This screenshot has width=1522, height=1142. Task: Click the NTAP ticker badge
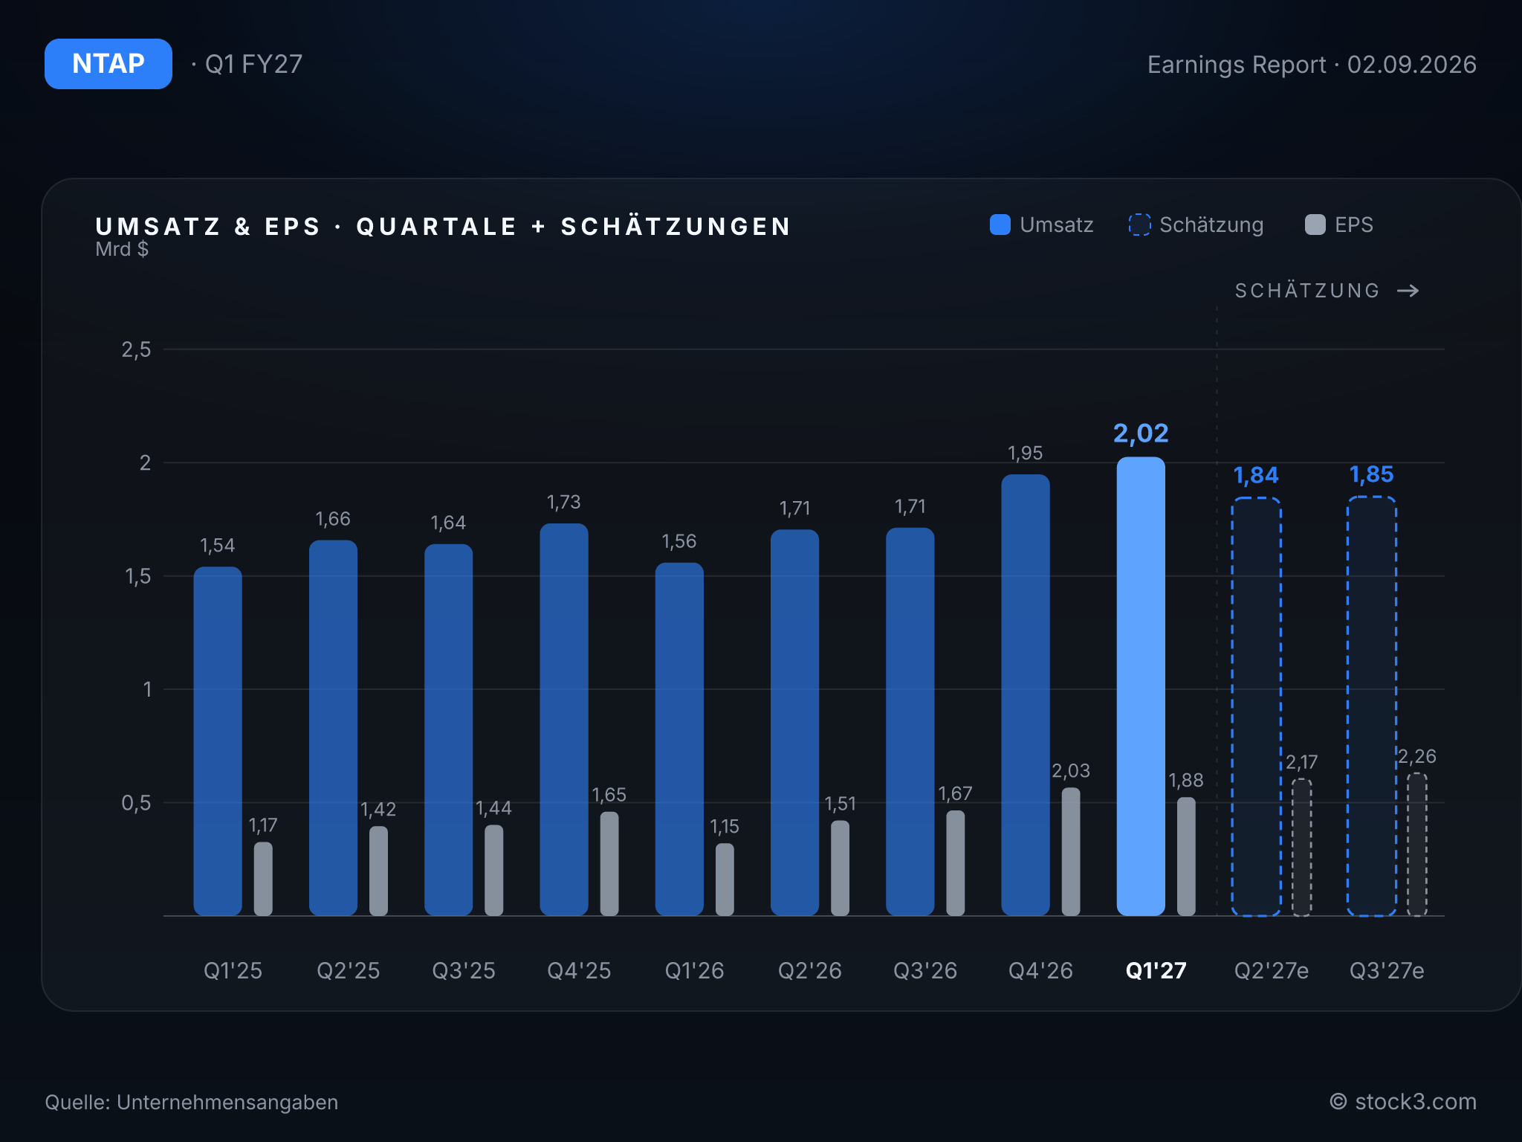coord(109,64)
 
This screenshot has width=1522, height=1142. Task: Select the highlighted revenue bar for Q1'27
coord(1141,686)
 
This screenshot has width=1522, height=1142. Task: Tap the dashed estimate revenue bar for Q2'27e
coord(1256,706)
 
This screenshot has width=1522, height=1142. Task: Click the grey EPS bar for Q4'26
coord(1071,852)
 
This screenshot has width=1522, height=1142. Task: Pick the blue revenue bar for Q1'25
coord(218,741)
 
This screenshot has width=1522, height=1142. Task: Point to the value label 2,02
coord(1141,433)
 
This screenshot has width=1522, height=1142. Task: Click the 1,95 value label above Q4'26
coord(1025,453)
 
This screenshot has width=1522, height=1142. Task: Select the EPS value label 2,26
coord(1416,756)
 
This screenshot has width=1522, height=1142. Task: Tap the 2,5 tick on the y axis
coord(136,349)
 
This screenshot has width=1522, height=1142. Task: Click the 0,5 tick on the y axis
coord(136,803)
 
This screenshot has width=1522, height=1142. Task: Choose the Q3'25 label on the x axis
coord(464,970)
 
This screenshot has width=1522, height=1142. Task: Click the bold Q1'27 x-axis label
coord(1156,970)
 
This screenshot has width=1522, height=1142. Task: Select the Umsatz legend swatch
coord(1000,225)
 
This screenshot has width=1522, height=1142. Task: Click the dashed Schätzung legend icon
coord(1139,225)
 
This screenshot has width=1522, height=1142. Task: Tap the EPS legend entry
coord(1339,225)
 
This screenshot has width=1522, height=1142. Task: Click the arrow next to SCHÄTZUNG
coord(1408,291)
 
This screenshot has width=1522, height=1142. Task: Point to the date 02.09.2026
coord(1411,65)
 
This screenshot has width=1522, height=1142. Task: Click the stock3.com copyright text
coord(1403,1102)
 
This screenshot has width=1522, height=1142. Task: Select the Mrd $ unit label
coord(122,249)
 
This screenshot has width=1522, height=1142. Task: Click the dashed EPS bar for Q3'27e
coord(1417,845)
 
